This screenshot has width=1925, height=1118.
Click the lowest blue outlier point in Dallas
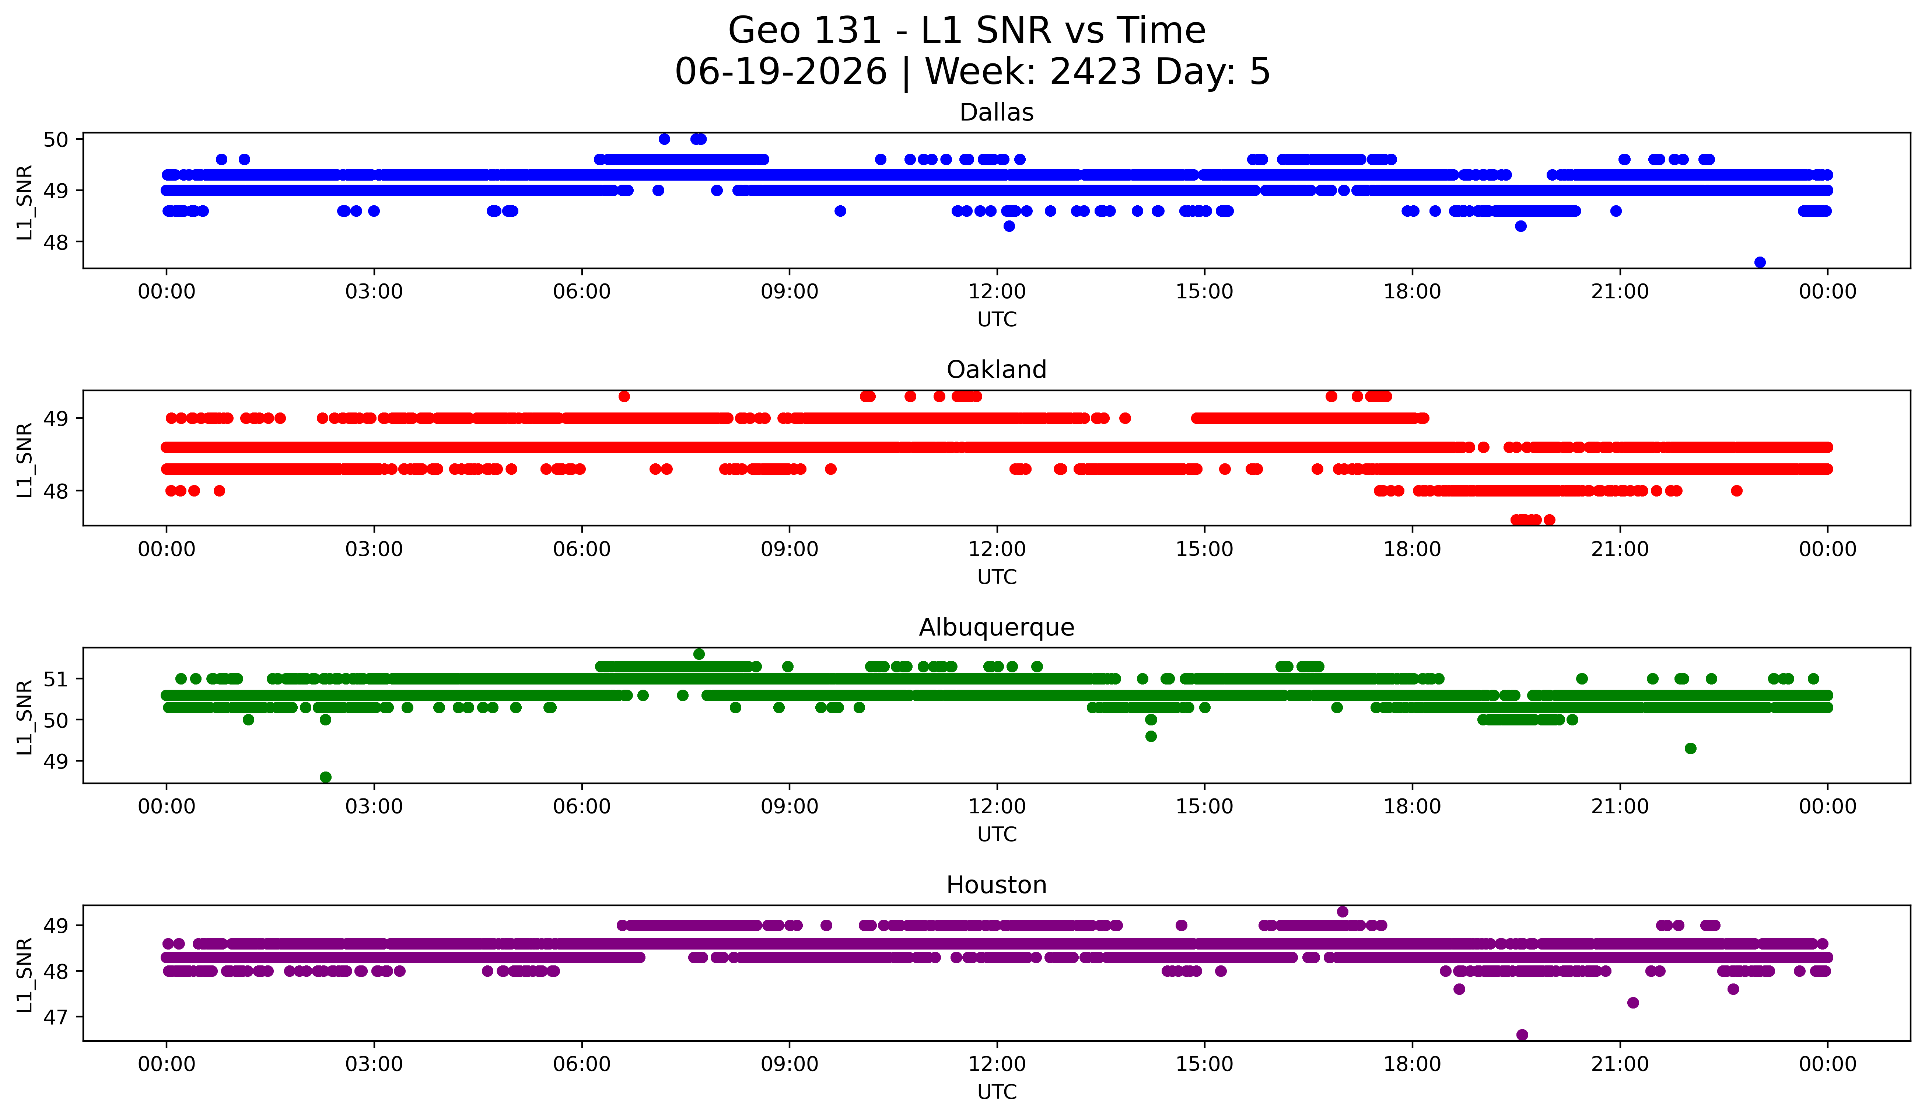(1760, 262)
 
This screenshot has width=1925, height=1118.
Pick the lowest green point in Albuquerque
(325, 777)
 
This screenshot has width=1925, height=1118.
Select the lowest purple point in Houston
(1522, 1035)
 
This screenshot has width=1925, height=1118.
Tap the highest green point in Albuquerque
(699, 654)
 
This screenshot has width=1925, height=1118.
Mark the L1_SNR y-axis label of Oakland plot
(24, 460)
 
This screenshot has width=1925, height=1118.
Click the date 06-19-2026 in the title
(781, 72)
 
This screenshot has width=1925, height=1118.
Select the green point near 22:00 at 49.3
(1690, 748)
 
